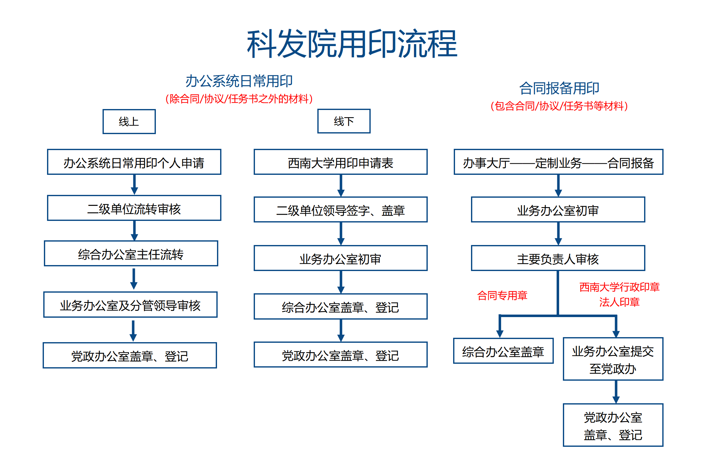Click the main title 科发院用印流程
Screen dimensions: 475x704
[352, 44]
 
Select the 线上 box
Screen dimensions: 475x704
[129, 122]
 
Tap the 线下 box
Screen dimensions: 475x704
[344, 121]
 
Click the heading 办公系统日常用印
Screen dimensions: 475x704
[239, 81]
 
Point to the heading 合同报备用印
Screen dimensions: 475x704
[559, 88]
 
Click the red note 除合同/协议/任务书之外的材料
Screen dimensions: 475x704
[239, 99]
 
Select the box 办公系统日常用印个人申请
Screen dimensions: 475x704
[134, 162]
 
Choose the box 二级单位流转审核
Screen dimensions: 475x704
[134, 208]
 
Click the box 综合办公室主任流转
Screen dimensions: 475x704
[131, 253]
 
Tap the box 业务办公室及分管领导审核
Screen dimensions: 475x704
[130, 305]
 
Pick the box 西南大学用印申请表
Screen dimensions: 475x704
[341, 162]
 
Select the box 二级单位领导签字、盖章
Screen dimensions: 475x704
[341, 210]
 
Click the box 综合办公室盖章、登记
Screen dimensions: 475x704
[341, 306]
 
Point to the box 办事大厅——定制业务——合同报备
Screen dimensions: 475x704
[558, 162]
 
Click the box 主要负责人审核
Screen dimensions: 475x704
[558, 258]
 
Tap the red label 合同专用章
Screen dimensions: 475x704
[502, 295]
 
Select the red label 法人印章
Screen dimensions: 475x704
[619, 302]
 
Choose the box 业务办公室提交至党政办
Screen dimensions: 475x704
[613, 359]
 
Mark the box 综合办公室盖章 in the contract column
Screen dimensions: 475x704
[503, 351]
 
